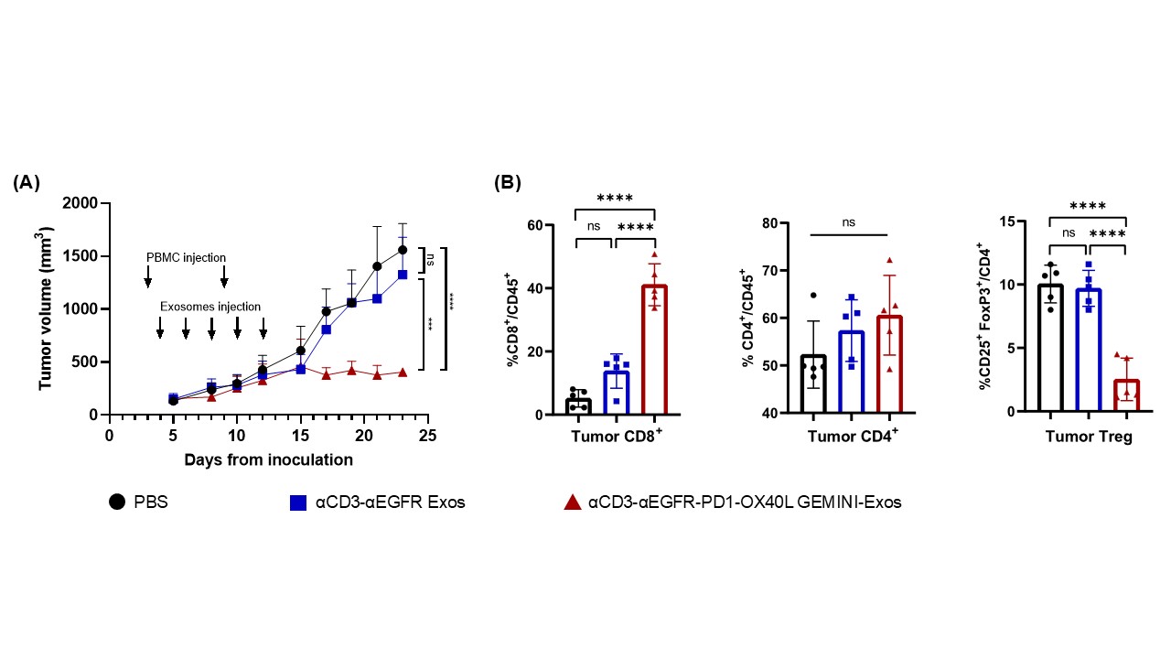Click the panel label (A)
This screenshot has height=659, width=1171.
click(x=27, y=183)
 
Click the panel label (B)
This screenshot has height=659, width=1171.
click(x=508, y=183)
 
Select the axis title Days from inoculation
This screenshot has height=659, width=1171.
click(x=267, y=459)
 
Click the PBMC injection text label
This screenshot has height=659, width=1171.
click(x=186, y=257)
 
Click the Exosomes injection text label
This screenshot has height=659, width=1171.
click(x=210, y=307)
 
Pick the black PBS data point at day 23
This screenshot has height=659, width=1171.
click(x=403, y=250)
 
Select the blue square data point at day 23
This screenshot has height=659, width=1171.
click(x=403, y=274)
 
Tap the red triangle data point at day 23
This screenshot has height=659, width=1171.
click(x=403, y=373)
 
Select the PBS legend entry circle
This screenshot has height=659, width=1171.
click(x=117, y=502)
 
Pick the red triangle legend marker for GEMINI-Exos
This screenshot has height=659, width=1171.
click(x=572, y=502)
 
